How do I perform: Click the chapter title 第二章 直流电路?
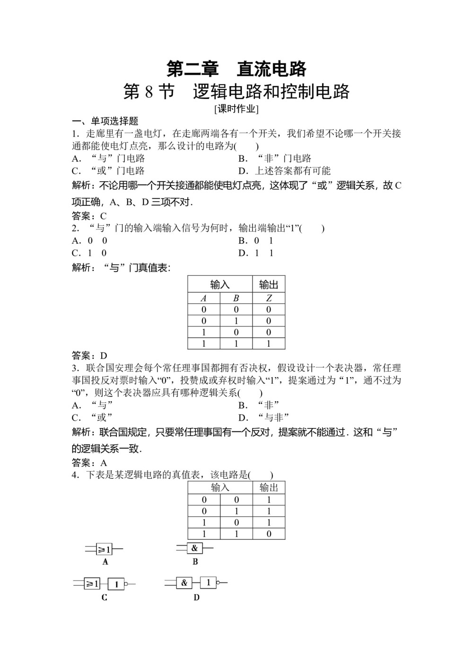(236, 69)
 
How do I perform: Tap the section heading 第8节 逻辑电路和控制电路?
(236, 92)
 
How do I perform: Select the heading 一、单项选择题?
(105, 121)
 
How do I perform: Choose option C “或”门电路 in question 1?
(108, 171)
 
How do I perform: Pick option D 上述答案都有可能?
(284, 171)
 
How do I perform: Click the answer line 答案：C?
(89, 216)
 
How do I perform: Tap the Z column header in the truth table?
(269, 298)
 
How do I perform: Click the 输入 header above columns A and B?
(220, 284)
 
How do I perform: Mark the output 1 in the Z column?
(269, 344)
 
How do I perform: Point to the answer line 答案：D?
(89, 355)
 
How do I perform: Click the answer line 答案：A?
(89, 463)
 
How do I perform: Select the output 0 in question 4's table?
(269, 534)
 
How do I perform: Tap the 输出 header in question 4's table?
(269, 488)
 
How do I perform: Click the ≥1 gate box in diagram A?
(104, 549)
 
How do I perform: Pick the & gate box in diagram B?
(194, 548)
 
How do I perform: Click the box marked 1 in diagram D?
(208, 582)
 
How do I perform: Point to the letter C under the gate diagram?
(104, 598)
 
